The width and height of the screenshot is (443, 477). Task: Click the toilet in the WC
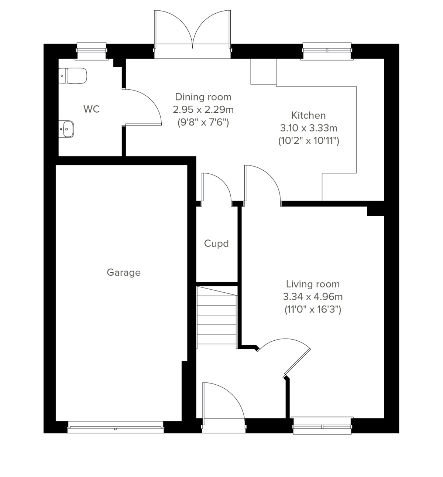pyautogui.click(x=73, y=76)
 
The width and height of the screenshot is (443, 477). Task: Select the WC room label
pyautogui.click(x=91, y=109)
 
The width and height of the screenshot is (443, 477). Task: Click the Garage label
pyautogui.click(x=124, y=273)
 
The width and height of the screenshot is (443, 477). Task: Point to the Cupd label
pyautogui.click(x=216, y=244)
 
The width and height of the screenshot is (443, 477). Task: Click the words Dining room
pyautogui.click(x=203, y=97)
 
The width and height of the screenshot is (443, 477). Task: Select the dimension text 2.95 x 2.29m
pyautogui.click(x=203, y=110)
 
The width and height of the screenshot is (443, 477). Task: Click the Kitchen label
pyautogui.click(x=308, y=115)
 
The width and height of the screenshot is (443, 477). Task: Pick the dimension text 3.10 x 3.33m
pyautogui.click(x=308, y=128)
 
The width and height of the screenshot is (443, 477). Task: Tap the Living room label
pyautogui.click(x=313, y=284)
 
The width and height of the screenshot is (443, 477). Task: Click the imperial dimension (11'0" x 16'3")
pyautogui.click(x=313, y=309)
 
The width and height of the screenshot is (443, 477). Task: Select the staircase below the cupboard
pyautogui.click(x=217, y=316)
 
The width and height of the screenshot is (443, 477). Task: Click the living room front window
pyautogui.click(x=322, y=426)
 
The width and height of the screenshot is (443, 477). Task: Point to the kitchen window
pyautogui.click(x=326, y=51)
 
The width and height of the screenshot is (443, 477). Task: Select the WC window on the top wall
pyautogui.click(x=92, y=51)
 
